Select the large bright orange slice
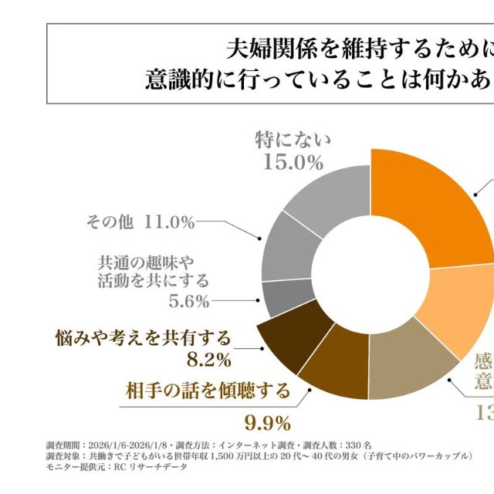point(432,208)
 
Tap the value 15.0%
point(292,162)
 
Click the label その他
point(108,222)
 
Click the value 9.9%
point(266,422)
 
